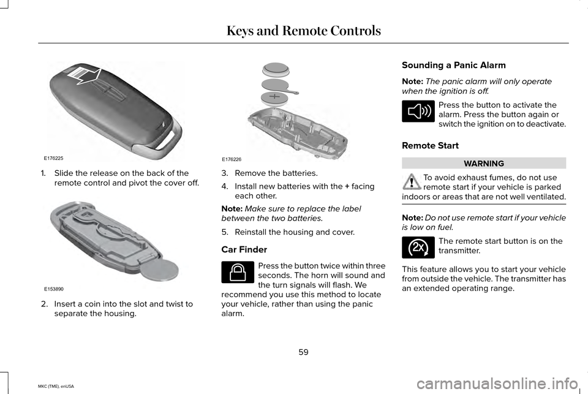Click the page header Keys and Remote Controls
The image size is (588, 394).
304,30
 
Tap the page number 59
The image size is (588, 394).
303,352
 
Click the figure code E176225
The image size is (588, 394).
53,157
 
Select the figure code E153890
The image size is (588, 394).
53,287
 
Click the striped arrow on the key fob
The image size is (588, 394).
83,77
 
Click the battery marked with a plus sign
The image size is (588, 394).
274,97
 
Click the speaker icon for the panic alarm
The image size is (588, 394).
418,112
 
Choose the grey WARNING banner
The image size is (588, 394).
484,164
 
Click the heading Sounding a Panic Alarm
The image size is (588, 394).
453,65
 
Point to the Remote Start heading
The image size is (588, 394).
431,146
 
